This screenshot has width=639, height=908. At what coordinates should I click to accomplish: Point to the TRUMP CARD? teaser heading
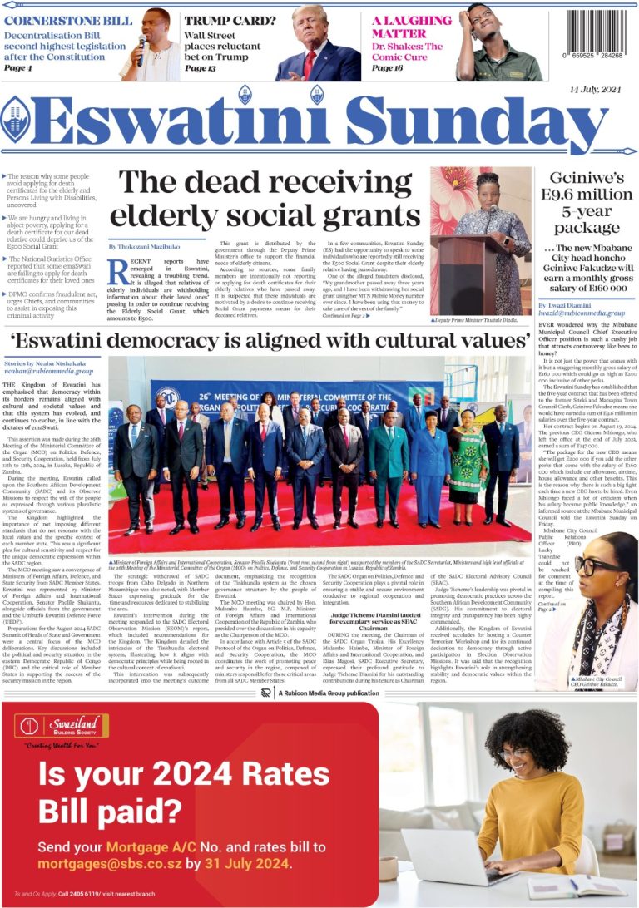[x=219, y=20]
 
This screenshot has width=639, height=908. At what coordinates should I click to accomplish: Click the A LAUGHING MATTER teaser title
[x=411, y=27]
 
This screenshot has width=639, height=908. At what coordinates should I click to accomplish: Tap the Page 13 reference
[x=200, y=68]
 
